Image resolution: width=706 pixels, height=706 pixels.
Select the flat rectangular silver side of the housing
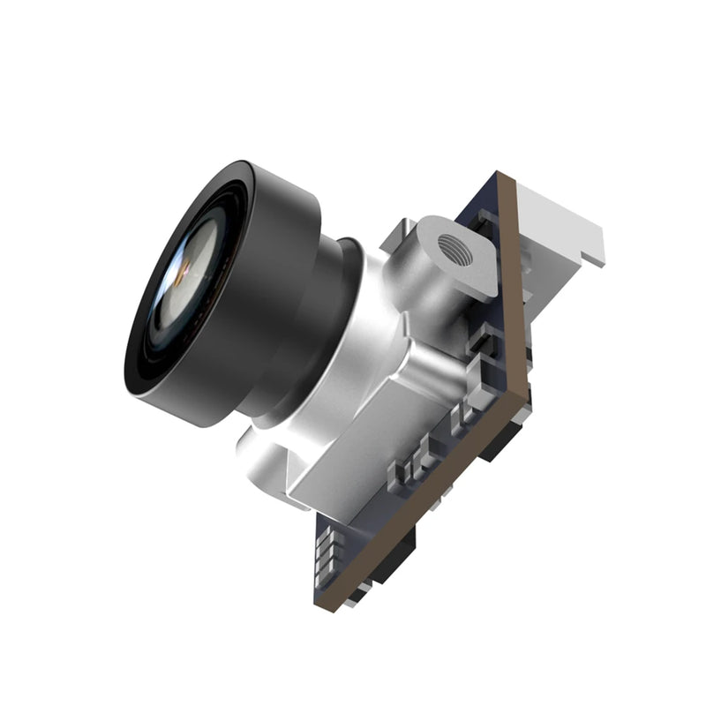pos(353,459)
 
